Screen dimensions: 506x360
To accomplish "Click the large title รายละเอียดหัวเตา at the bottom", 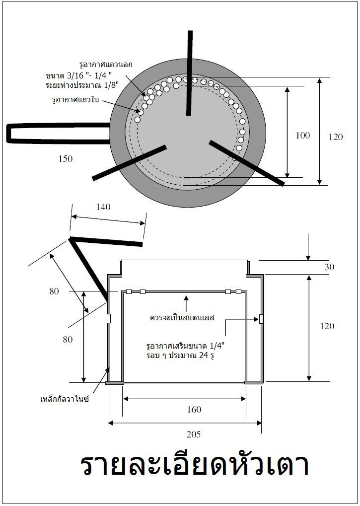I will [195, 465].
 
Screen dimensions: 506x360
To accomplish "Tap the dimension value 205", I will [193, 434].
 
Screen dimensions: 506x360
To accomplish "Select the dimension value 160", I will [194, 409].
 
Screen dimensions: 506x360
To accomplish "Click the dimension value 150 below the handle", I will [65, 159].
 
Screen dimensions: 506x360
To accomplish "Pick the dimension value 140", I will [103, 207].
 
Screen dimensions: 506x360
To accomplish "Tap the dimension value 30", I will [329, 267].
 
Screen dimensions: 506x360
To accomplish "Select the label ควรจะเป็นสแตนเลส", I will [182, 317].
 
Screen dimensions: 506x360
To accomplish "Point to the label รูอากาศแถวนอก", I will [106, 65].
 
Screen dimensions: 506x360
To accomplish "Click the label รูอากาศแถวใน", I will [76, 100].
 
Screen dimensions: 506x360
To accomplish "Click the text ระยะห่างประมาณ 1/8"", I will [82, 85].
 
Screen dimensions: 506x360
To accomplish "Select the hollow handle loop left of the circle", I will [59, 133].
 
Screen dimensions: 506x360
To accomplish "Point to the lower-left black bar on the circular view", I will [129, 162].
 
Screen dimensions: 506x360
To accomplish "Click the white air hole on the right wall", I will [261, 319].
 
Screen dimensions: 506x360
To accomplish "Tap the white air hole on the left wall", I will [109, 318].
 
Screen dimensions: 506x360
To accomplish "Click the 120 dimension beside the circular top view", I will [336, 137].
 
